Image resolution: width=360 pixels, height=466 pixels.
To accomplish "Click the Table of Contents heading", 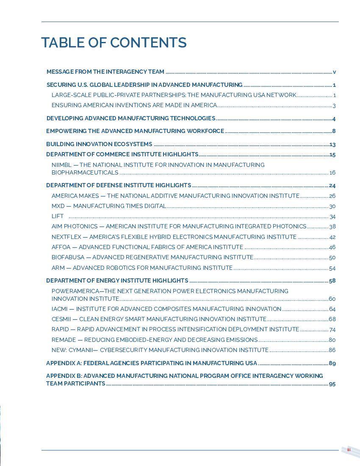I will click(114, 43).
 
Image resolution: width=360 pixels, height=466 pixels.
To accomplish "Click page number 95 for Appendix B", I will click(332, 384).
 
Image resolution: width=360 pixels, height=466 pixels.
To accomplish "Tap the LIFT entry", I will click(58, 216).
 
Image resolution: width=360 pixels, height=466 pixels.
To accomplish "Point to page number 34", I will click(332, 217).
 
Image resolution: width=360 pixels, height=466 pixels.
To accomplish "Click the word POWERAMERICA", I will click(75, 291).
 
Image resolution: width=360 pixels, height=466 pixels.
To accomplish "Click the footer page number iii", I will click(349, 450).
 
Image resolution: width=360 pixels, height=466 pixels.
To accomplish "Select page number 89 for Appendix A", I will click(332, 363).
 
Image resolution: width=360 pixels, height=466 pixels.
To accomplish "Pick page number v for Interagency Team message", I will click(334, 72).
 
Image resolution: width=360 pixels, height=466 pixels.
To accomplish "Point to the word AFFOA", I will click(61, 247).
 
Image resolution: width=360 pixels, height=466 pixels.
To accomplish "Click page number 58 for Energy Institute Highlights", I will click(332, 281).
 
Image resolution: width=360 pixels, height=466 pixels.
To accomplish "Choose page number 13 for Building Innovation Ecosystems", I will click(332, 144).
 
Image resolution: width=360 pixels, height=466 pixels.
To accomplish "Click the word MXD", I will click(58, 206).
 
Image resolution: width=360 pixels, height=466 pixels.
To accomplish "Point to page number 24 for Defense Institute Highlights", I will click(332, 186).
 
